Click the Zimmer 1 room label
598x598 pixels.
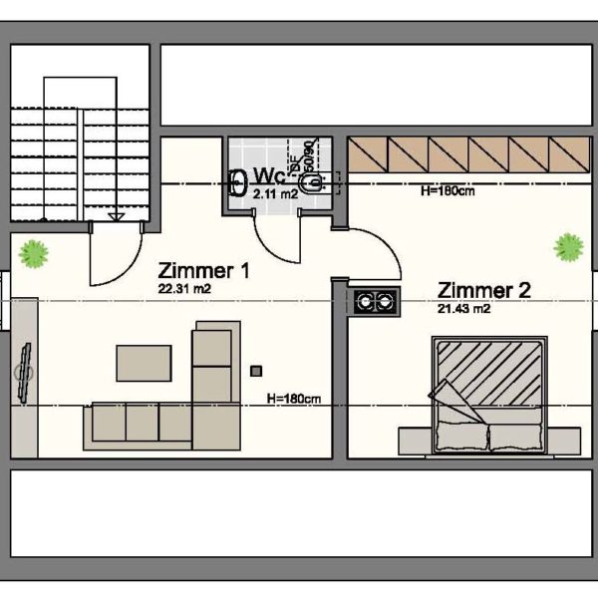point(203,270)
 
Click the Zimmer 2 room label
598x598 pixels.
point(484,290)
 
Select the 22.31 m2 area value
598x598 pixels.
point(184,288)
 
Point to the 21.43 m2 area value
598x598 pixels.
point(463,309)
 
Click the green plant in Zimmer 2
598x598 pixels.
point(568,245)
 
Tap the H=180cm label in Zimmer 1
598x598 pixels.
point(294,399)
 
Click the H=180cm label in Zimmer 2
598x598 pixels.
point(448,190)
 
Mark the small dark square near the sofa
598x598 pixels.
point(256,371)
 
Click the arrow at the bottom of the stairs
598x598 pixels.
point(116,214)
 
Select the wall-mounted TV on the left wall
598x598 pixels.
point(23,371)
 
